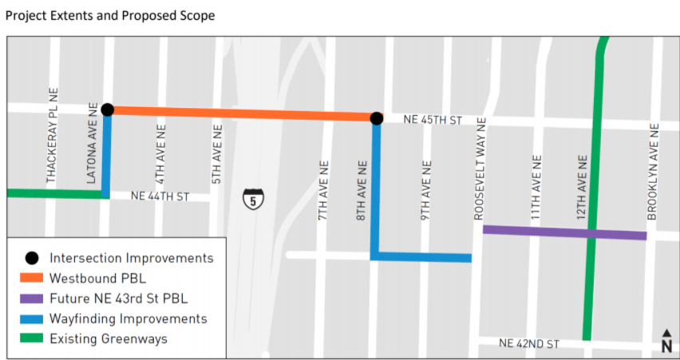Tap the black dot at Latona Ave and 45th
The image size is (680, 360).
point(108,109)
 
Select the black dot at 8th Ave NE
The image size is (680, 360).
point(376,118)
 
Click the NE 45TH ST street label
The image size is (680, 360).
point(433,120)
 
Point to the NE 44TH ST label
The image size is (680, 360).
point(160,196)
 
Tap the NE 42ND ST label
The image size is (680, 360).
point(529,343)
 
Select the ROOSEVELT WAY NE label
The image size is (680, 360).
point(480,168)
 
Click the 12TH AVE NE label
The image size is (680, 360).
point(583,188)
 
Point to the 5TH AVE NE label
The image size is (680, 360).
point(216,154)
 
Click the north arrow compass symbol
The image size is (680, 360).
point(666,341)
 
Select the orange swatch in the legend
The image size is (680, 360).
point(31,279)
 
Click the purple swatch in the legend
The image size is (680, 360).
point(31,299)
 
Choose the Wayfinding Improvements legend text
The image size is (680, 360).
point(128,319)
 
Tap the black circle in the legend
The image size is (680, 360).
point(31,259)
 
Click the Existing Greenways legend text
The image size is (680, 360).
point(109,339)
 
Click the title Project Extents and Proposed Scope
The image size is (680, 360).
point(109,16)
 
